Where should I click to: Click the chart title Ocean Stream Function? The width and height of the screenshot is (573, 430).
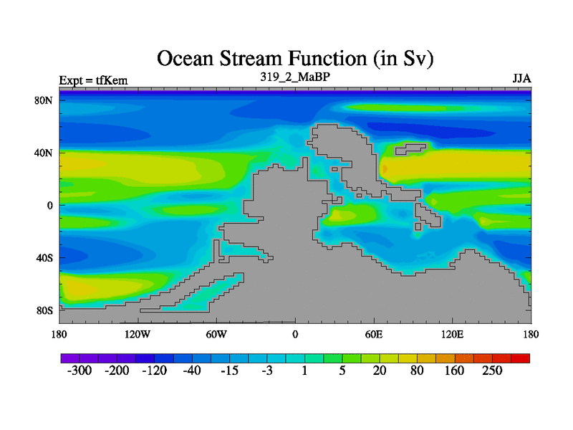[262, 59]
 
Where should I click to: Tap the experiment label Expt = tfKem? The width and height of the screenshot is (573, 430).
[93, 80]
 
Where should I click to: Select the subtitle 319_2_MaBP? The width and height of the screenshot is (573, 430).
[295, 77]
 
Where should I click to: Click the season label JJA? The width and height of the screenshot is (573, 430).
[521, 79]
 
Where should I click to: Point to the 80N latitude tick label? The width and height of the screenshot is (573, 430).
[44, 100]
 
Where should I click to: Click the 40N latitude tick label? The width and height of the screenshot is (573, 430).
[44, 153]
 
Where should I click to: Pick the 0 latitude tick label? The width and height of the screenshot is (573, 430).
[49, 206]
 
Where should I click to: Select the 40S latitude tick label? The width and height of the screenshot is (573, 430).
[44, 258]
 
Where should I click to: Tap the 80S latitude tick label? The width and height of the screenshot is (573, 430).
[44, 311]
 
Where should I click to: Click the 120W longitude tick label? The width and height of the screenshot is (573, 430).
[138, 335]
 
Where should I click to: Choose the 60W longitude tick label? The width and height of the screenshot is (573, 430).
[216, 335]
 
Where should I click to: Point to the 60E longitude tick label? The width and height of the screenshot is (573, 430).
[374, 335]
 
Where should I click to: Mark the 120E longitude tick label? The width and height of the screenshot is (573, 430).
[453, 335]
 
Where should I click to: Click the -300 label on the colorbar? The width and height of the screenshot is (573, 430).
[80, 371]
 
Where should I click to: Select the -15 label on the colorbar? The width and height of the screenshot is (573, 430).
[229, 371]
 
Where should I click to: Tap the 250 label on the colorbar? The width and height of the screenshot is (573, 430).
[492, 371]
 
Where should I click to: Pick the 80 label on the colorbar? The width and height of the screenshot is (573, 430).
[417, 371]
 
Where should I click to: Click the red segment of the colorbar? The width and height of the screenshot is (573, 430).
[521, 358]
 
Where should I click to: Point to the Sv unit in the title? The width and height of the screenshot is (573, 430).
[416, 59]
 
